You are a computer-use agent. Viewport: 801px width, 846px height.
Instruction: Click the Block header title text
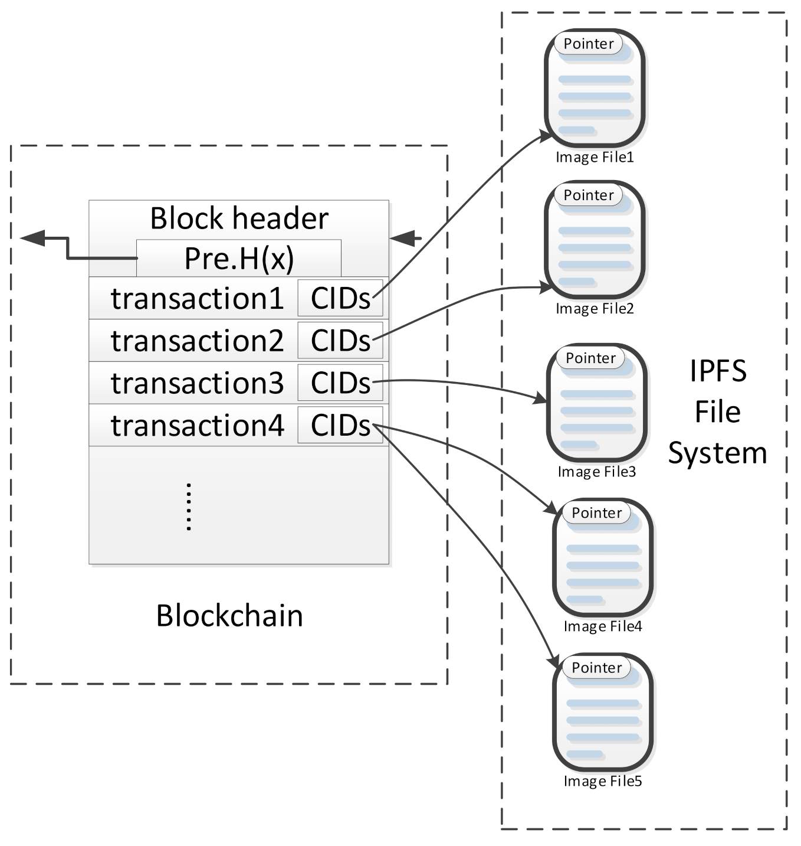(239, 218)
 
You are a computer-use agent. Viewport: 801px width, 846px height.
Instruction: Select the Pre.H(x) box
(239, 259)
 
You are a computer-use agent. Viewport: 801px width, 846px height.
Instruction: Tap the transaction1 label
(197, 299)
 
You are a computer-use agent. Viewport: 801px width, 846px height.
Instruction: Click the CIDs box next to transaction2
(340, 341)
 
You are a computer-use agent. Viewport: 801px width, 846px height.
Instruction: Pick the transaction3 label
(197, 383)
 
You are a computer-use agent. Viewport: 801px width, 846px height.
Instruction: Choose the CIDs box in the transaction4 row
(340, 425)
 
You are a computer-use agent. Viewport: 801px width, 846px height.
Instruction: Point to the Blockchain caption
(229, 616)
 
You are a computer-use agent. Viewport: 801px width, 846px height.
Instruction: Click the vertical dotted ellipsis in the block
(189, 507)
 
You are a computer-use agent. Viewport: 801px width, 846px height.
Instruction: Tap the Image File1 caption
(595, 158)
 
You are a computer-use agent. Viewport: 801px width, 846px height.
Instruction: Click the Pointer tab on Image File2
(589, 195)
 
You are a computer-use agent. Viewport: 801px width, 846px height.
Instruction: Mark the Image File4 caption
(602, 626)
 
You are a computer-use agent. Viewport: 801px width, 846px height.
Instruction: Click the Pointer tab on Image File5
(597, 668)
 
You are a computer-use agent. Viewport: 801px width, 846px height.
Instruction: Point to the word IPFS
(718, 371)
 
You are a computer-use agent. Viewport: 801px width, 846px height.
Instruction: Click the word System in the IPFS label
(717, 453)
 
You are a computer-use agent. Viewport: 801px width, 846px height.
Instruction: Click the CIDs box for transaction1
(340, 299)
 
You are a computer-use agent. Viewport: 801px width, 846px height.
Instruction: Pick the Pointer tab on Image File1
(589, 44)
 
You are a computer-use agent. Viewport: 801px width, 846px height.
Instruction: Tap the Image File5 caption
(602, 782)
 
